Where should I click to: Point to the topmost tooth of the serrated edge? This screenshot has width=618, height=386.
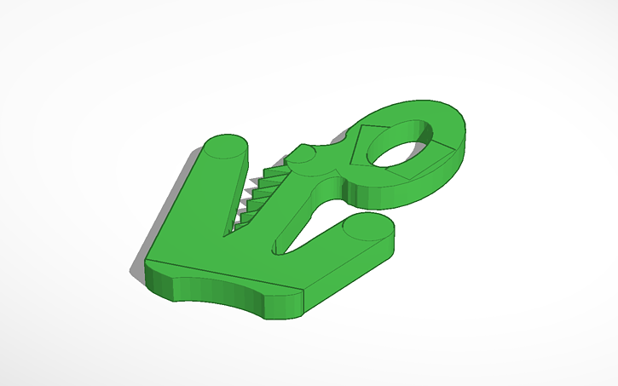(273, 171)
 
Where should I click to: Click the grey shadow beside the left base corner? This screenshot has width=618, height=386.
(136, 272)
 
